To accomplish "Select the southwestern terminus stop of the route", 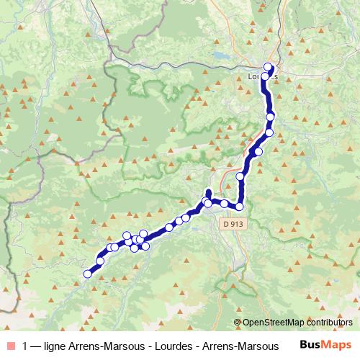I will click(x=89, y=274).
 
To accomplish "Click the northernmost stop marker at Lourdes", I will click(x=268, y=67).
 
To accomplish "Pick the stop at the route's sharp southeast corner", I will click(x=240, y=207).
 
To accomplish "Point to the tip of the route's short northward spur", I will click(x=208, y=192).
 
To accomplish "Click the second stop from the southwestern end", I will click(x=100, y=261).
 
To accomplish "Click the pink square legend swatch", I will click(x=9, y=346).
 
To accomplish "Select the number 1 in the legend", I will click(x=26, y=346).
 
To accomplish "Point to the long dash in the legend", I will click(x=36, y=346).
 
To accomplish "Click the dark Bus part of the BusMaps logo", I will click(x=310, y=345).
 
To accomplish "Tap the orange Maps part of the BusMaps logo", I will click(x=337, y=345).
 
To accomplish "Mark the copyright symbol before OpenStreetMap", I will click(x=238, y=323).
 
